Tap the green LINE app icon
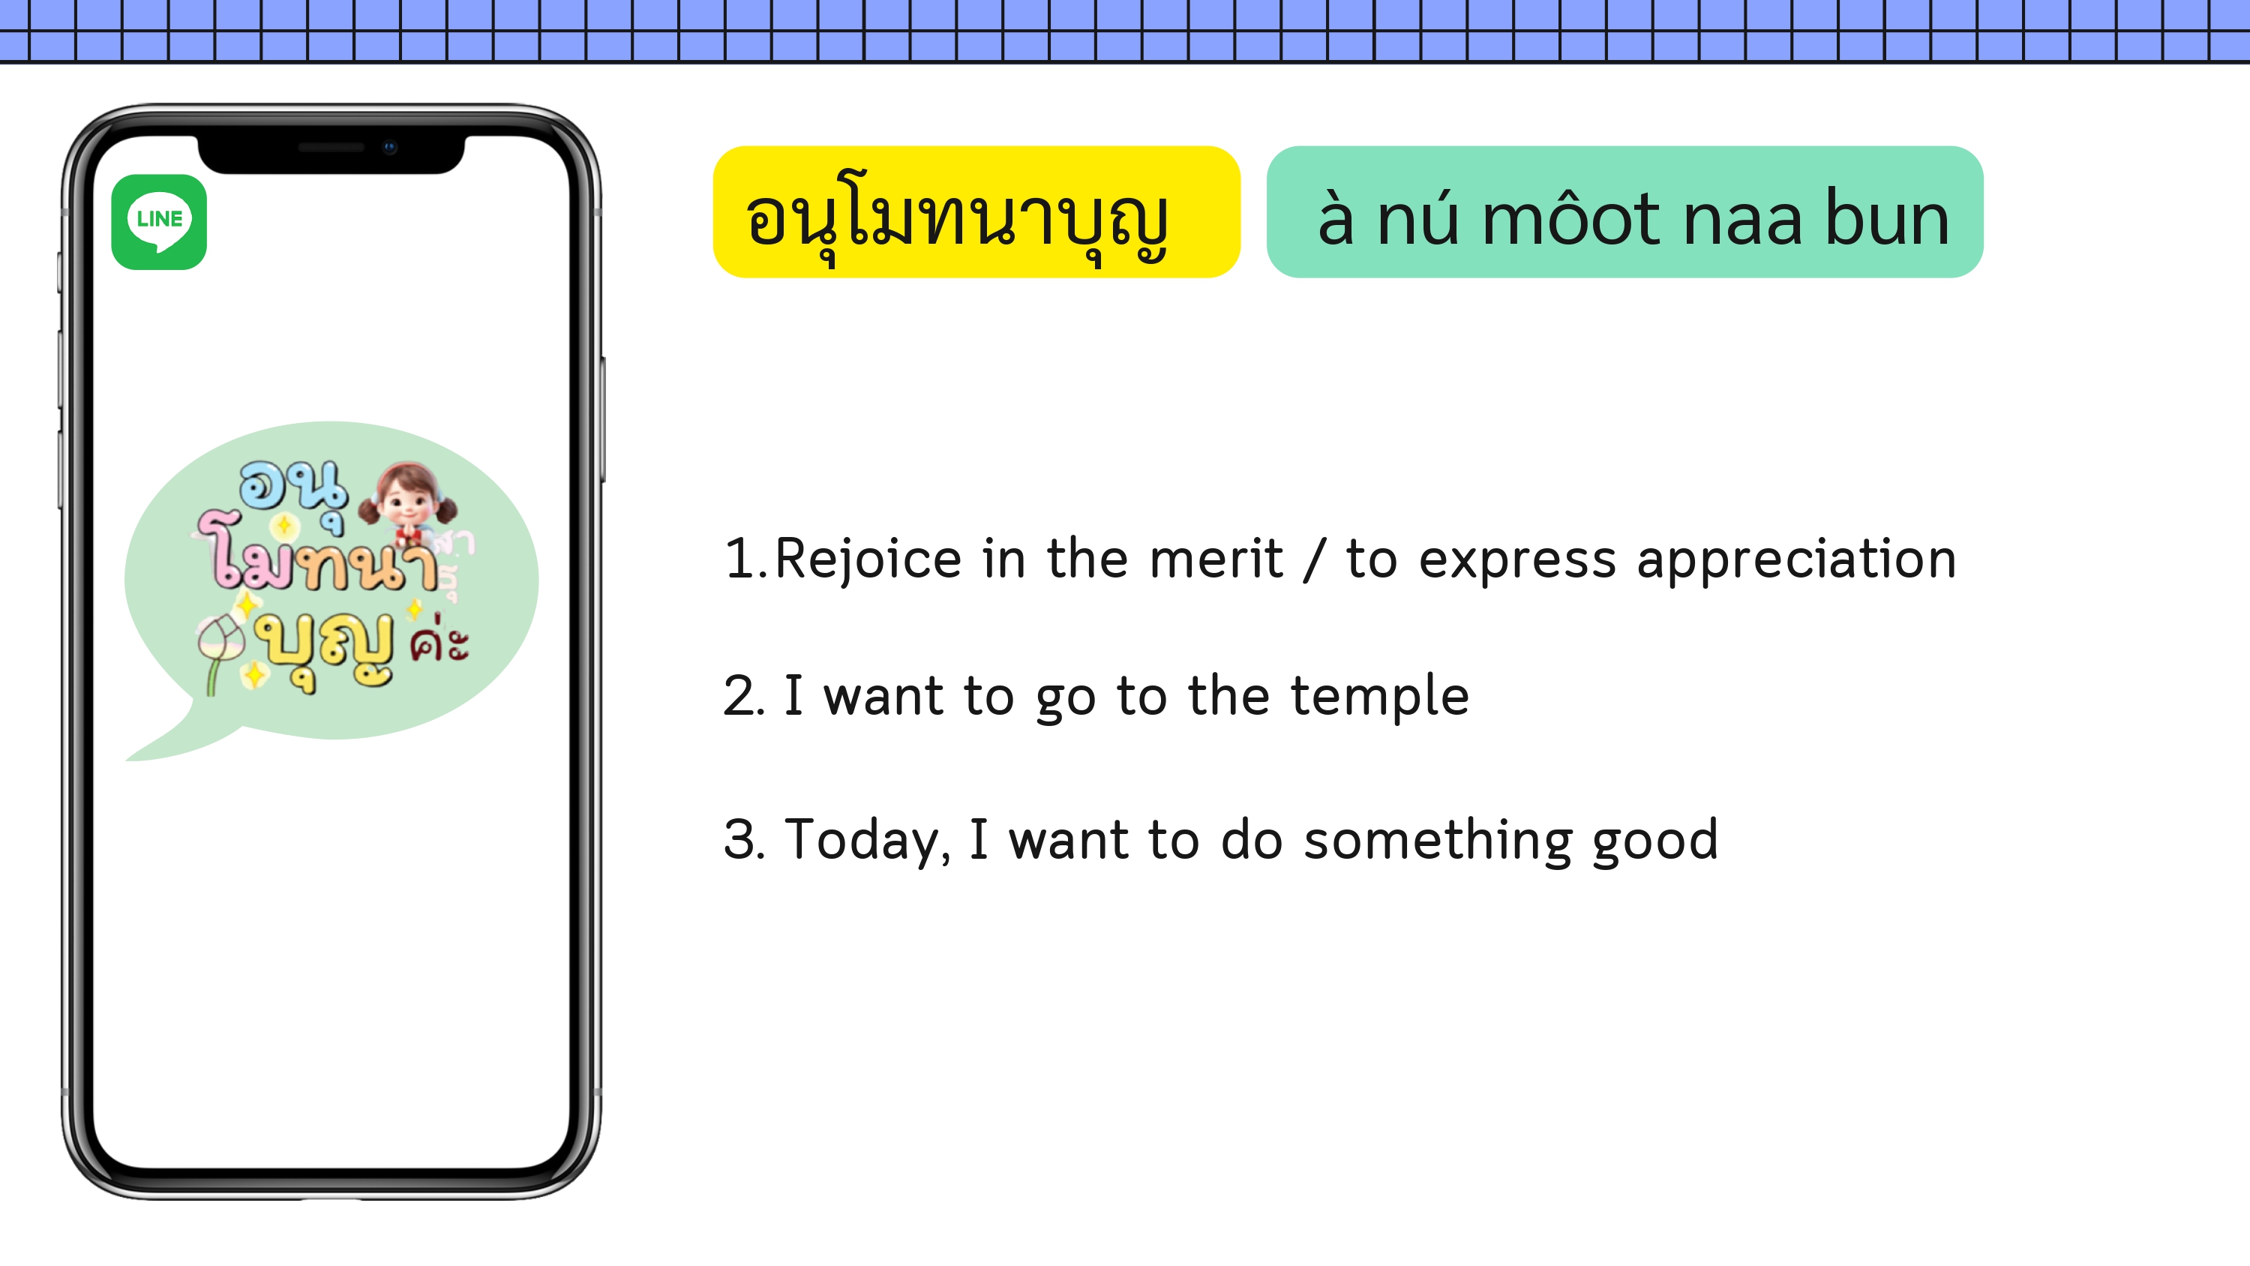click(159, 222)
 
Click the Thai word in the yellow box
click(957, 219)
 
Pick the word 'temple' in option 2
click(1380, 695)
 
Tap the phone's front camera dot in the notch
click(389, 147)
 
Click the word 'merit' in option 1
click(1216, 559)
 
